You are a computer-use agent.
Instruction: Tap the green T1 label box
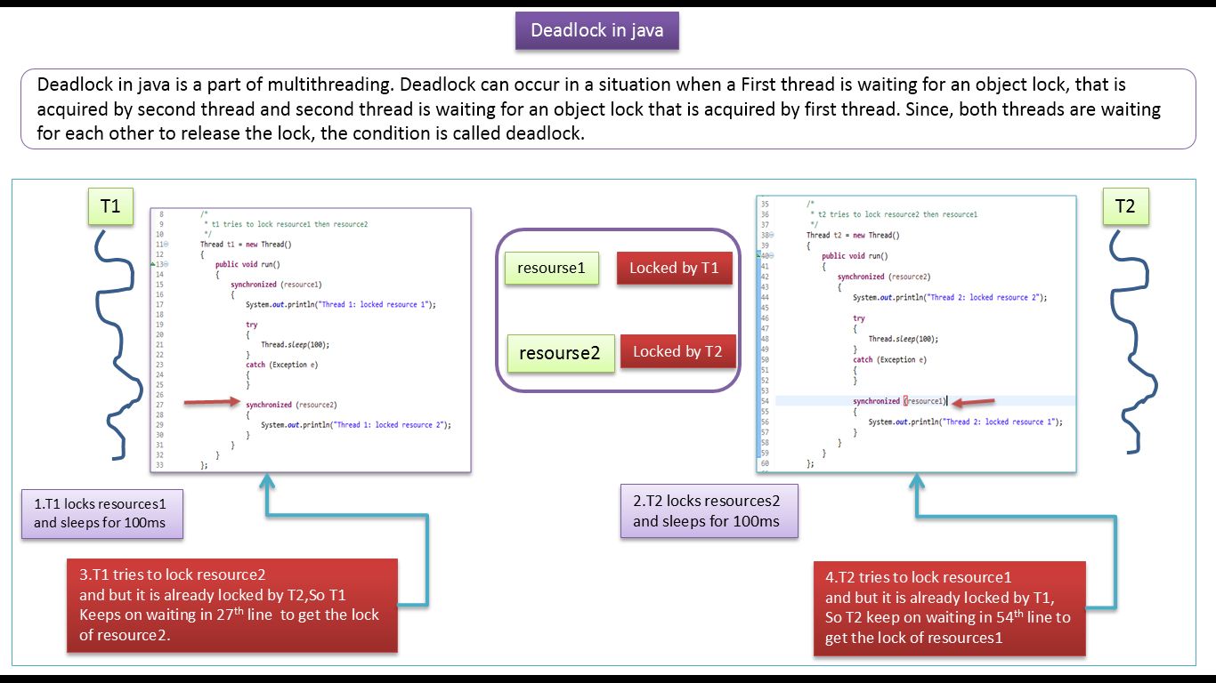(x=109, y=206)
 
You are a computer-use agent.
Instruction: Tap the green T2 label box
(x=1125, y=206)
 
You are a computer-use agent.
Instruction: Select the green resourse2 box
(x=559, y=353)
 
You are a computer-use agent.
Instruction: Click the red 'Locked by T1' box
(x=674, y=268)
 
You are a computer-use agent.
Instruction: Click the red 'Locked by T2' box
(x=677, y=351)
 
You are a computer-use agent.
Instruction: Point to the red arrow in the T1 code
(x=212, y=403)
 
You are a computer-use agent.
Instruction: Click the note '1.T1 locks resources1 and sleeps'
(x=101, y=513)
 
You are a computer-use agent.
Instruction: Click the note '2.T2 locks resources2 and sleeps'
(x=709, y=511)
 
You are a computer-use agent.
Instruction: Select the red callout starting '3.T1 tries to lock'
(x=231, y=605)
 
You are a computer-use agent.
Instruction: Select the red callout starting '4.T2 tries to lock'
(x=949, y=608)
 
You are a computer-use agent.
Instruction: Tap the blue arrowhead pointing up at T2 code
(x=917, y=484)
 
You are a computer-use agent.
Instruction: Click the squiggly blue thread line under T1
(x=120, y=347)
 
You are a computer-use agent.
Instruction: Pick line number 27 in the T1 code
(x=160, y=405)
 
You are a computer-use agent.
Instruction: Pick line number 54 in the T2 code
(x=765, y=401)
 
